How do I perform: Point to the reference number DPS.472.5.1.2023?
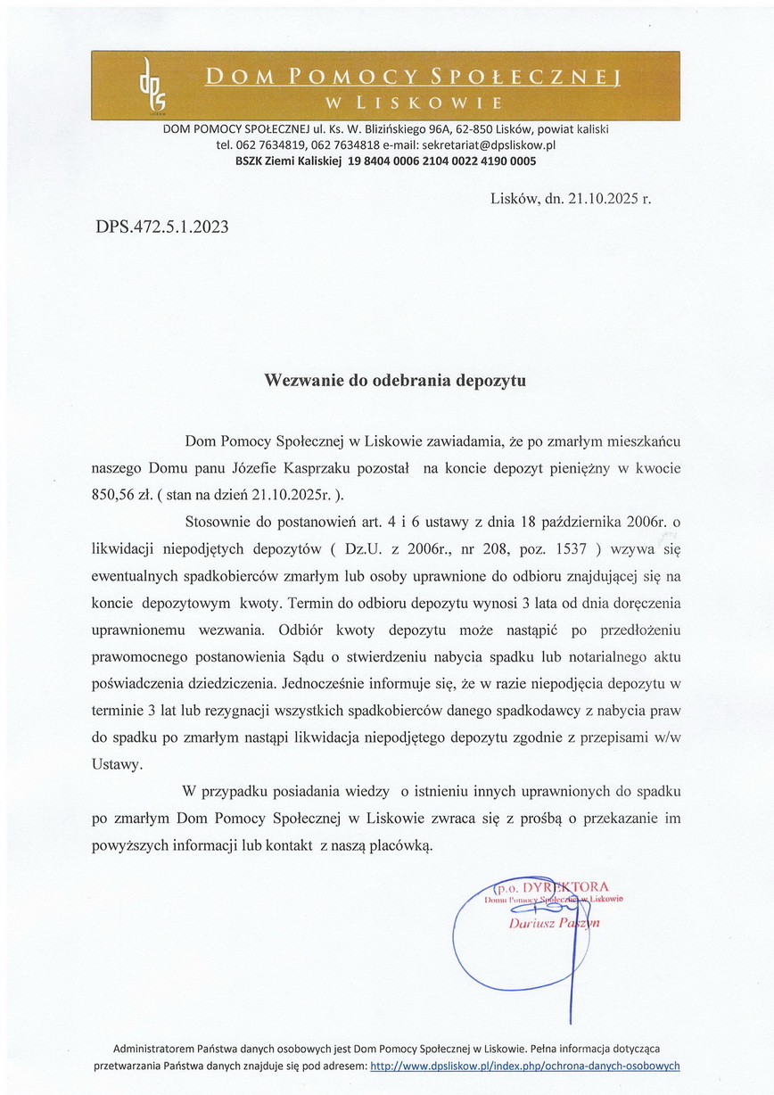tap(161, 227)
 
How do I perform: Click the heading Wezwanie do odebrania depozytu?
tap(395, 380)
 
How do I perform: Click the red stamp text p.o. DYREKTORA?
tap(553, 886)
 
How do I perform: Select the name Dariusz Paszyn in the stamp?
tap(554, 923)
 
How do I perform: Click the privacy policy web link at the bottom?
tap(524, 1066)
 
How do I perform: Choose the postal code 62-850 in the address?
tap(475, 129)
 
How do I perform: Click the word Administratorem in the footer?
tap(155, 1050)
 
